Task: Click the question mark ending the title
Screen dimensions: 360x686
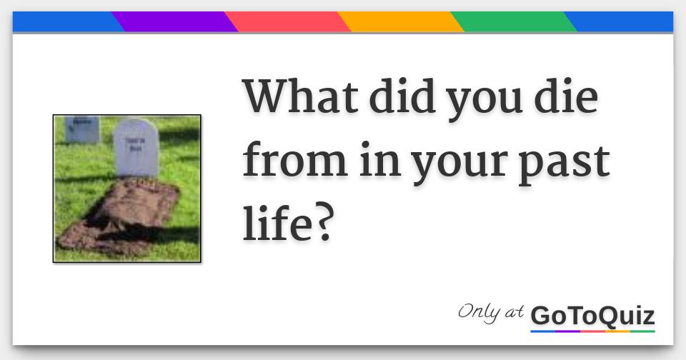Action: (x=324, y=224)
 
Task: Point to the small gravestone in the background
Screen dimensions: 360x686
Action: (x=81, y=129)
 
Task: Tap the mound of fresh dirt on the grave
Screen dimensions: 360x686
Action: (x=118, y=214)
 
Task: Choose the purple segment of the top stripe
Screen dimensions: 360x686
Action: (x=174, y=21)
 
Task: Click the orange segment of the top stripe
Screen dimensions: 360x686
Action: (x=401, y=21)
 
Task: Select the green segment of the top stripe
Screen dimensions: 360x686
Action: (x=513, y=21)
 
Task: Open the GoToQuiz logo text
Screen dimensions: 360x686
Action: (x=592, y=315)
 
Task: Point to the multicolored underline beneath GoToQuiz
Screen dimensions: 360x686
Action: (x=592, y=331)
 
